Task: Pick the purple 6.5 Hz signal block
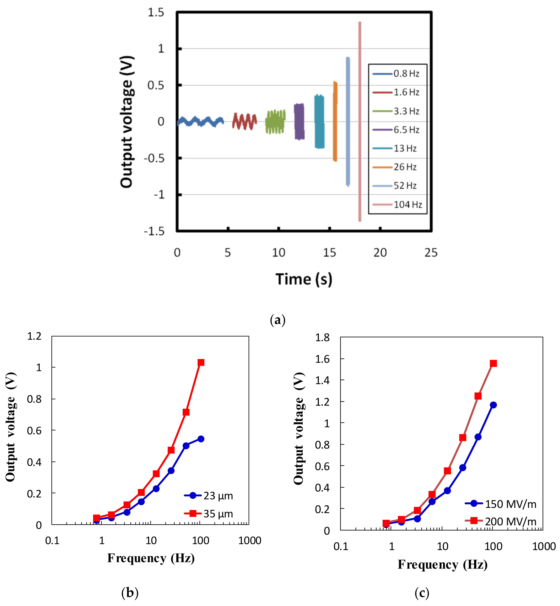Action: [x=299, y=122]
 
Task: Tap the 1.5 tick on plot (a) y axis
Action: [x=156, y=13]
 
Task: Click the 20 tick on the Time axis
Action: [x=380, y=253]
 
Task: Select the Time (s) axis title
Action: [x=304, y=279]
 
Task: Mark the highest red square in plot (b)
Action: [x=201, y=363]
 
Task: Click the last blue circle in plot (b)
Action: [x=201, y=439]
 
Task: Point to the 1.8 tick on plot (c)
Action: [x=322, y=337]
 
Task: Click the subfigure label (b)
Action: [x=130, y=593]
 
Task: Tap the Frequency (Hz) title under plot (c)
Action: [x=442, y=565]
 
